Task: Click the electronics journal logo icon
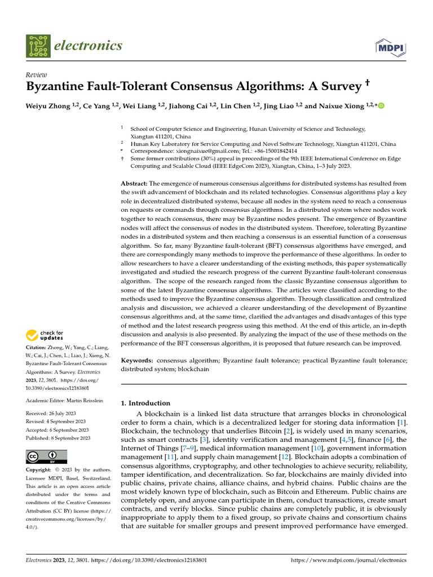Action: click(37, 46)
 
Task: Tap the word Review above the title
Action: click(37, 75)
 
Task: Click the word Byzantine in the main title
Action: click(59, 87)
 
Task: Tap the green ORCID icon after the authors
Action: click(381, 105)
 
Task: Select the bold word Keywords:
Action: click(138, 359)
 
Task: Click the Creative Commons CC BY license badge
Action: click(46, 456)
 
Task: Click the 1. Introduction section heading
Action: click(145, 403)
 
